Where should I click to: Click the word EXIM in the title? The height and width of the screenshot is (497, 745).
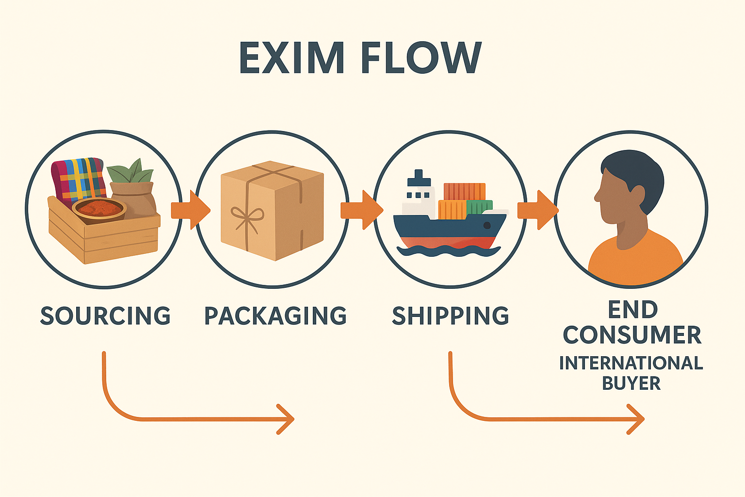click(x=292, y=58)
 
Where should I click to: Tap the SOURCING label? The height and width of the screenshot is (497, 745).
click(x=105, y=316)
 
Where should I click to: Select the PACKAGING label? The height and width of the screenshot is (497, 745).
click(x=275, y=316)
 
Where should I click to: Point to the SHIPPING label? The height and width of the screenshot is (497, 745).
click(x=451, y=316)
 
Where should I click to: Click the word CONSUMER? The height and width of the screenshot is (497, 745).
click(x=632, y=335)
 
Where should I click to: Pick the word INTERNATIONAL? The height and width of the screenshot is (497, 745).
click(x=631, y=363)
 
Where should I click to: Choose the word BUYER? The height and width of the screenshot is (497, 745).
click(x=631, y=383)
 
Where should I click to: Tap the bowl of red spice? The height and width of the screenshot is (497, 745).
click(x=99, y=209)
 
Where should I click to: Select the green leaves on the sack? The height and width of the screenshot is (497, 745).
click(x=130, y=171)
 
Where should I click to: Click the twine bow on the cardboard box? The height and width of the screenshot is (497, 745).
click(x=247, y=216)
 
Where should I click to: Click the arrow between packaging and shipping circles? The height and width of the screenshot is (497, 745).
click(x=361, y=210)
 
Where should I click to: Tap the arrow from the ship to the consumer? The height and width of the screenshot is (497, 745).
click(x=537, y=210)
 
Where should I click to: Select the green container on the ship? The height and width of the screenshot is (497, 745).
click(x=480, y=208)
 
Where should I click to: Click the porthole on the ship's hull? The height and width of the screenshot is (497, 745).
click(x=487, y=225)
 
